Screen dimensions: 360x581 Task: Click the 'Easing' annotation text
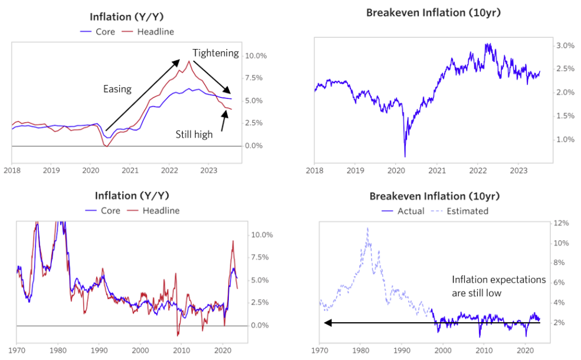click(117, 89)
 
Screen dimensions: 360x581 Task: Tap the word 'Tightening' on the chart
click(215, 53)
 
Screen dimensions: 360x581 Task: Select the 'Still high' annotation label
click(194, 135)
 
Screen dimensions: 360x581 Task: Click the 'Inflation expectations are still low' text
click(498, 286)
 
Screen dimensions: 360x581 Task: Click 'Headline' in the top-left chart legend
click(156, 31)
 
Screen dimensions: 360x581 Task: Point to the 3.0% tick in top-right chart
click(564, 45)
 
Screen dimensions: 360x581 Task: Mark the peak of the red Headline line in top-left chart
click(189, 61)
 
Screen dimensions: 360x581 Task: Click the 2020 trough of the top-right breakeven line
click(405, 156)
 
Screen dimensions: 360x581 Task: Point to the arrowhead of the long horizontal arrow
click(326, 323)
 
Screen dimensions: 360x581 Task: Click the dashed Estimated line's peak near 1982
click(367, 228)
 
